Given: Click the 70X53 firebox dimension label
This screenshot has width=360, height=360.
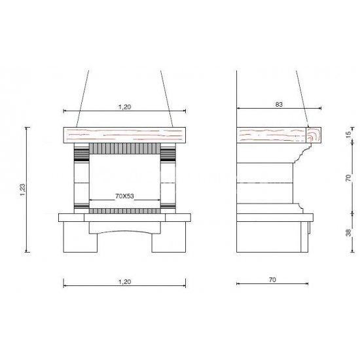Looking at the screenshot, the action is (124, 196).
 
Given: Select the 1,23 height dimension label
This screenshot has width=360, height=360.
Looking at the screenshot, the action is (22, 190).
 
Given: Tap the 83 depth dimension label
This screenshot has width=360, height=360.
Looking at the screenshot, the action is (279, 105).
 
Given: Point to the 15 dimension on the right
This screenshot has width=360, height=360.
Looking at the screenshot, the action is (348, 134).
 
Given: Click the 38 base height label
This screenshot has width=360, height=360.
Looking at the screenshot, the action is (348, 232).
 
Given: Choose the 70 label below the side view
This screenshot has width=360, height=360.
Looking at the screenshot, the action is (272, 280).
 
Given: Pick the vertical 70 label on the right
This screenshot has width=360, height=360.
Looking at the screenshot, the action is (348, 178).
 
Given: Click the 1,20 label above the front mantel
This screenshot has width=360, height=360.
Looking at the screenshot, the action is (124, 107).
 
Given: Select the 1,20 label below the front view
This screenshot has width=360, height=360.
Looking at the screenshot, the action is (124, 281).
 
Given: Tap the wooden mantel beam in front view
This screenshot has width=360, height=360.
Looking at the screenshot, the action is (124, 135).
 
